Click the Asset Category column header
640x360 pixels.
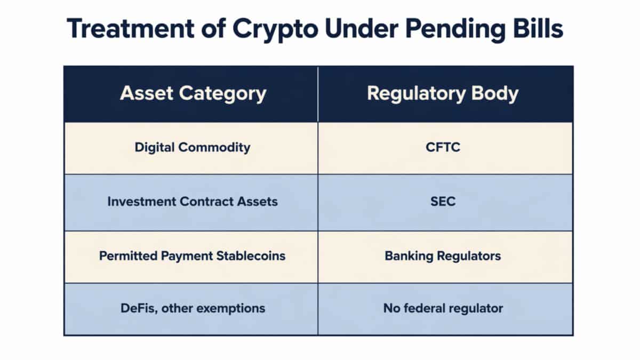[193, 94]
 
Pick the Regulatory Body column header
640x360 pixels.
[443, 94]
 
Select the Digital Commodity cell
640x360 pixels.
[193, 148]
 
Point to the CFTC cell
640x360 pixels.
[443, 148]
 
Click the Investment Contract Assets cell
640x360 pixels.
[193, 202]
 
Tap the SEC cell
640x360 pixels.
[443, 202]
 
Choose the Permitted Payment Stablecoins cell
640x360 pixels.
[193, 256]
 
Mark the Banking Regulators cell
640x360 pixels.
[443, 256]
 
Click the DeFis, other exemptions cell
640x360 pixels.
[193, 308]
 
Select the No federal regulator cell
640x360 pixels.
[443, 308]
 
